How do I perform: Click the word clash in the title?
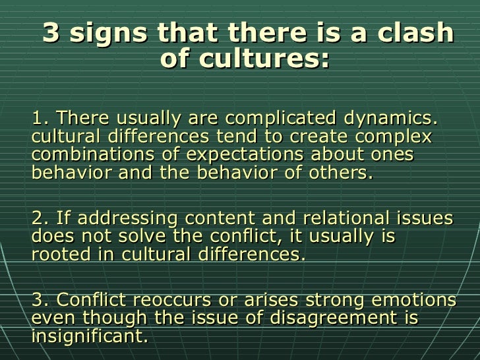(x=423, y=34)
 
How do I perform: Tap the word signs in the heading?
(x=104, y=34)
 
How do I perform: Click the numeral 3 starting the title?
(x=51, y=34)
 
